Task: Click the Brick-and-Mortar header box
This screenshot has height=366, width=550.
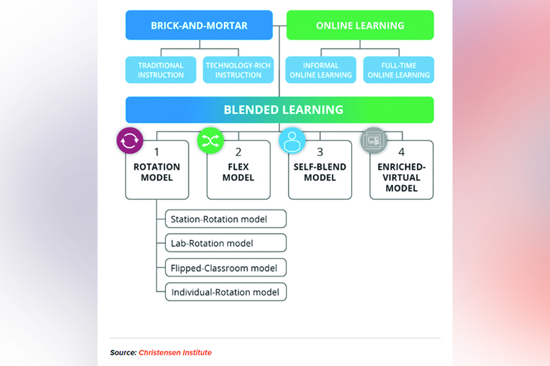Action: pyautogui.click(x=199, y=26)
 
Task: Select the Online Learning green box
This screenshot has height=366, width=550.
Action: pyautogui.click(x=360, y=26)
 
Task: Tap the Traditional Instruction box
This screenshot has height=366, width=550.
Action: pyautogui.click(x=161, y=70)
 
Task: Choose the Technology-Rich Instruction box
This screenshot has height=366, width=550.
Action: pyautogui.click(x=238, y=70)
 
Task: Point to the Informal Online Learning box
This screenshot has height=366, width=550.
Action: pyautogui.click(x=321, y=70)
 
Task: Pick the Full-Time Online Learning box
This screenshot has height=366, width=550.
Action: pyautogui.click(x=398, y=70)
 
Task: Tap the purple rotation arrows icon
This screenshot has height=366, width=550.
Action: pyautogui.click(x=130, y=140)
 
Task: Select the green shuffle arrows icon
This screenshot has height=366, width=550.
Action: pyautogui.click(x=210, y=140)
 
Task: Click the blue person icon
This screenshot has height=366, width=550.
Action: pyautogui.click(x=292, y=140)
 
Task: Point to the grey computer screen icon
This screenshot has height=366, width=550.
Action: pyautogui.click(x=373, y=140)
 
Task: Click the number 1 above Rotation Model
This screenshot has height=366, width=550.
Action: pyautogui.click(x=157, y=152)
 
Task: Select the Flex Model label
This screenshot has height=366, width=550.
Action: pyautogui.click(x=238, y=172)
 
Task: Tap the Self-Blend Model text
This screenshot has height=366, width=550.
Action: pyautogui.click(x=320, y=172)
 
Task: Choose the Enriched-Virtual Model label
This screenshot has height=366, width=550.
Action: pyautogui.click(x=402, y=177)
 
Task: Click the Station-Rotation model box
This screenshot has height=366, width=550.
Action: pyautogui.click(x=225, y=219)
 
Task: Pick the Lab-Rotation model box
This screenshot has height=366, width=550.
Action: pyautogui.click(x=225, y=243)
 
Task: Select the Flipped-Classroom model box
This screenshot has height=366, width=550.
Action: pyautogui.click(x=225, y=267)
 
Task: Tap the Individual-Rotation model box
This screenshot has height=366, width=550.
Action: pyautogui.click(x=225, y=292)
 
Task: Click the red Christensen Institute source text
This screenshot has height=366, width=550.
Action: pyautogui.click(x=175, y=352)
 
